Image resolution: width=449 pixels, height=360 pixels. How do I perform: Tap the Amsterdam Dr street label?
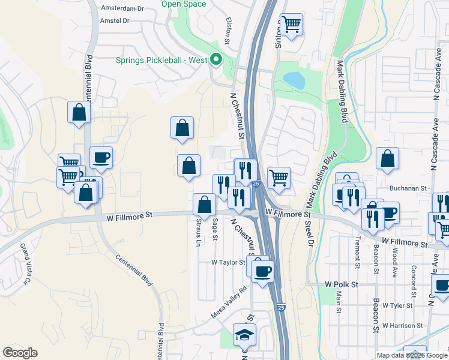(x=123, y=8)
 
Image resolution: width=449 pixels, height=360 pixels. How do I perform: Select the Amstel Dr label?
(x=116, y=20)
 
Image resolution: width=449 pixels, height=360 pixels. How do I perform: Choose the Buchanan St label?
(x=407, y=188)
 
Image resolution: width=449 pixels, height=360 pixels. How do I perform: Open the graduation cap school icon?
(x=245, y=334)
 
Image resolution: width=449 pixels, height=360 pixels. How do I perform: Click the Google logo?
(x=20, y=353)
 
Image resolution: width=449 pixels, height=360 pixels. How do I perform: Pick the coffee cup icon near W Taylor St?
(x=262, y=271)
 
